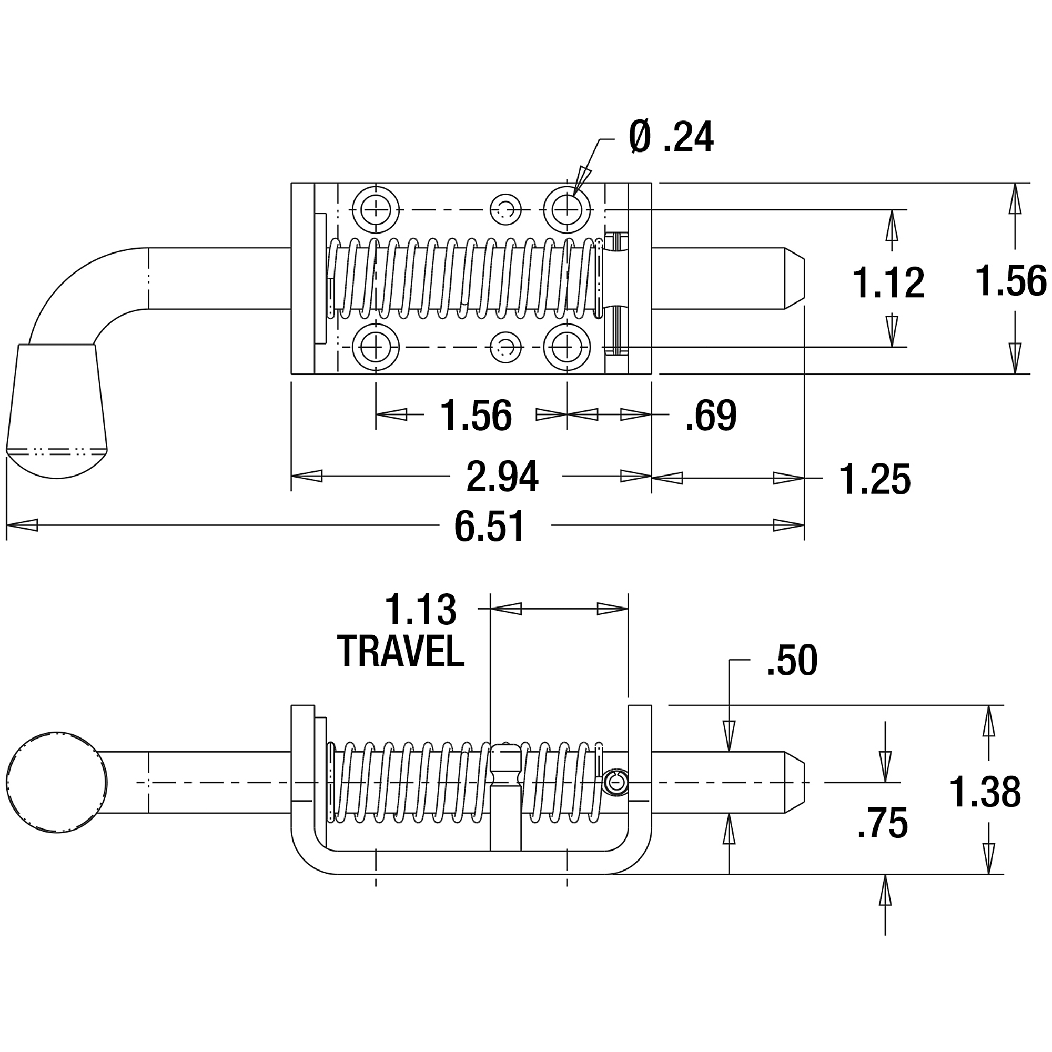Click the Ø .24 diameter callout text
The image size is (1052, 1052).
670,137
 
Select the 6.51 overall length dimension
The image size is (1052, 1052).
490,527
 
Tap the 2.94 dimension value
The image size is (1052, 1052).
502,477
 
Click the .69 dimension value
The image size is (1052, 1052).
711,416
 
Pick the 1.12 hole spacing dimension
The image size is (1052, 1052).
888,283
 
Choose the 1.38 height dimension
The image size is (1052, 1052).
985,792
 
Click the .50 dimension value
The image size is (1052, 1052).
792,661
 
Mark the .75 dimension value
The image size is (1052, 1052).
882,823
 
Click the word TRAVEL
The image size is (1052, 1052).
401,651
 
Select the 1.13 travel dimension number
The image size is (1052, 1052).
420,610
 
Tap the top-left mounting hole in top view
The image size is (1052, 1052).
376,210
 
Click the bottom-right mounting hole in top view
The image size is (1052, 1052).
567,347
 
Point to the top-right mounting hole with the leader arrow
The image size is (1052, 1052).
567,210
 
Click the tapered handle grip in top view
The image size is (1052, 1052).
57,411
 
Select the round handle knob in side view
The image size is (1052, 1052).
57,782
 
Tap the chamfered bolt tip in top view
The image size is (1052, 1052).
794,278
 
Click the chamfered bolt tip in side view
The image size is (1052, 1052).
794,782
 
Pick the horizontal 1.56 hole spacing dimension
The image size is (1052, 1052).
476,416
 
